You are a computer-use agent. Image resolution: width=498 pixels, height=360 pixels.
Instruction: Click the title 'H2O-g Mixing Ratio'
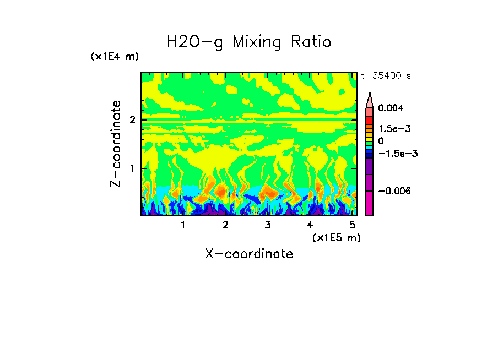[249, 42]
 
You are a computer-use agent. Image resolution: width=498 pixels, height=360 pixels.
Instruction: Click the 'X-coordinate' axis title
[249, 254]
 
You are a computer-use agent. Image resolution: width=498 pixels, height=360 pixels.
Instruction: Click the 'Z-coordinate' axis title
[116, 144]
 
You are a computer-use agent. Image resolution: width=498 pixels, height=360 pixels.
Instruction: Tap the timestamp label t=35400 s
[386, 75]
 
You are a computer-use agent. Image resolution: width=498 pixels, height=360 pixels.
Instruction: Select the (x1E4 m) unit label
[115, 57]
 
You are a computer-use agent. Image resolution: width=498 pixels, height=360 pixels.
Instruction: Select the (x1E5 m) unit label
[336, 237]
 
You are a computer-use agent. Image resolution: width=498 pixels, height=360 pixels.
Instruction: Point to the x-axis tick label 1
[183, 225]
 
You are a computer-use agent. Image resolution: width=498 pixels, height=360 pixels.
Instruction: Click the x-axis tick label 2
[225, 225]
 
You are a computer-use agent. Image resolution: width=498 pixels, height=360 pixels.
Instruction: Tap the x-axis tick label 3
[267, 225]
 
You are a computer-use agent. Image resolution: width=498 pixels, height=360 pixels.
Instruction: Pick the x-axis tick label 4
[310, 225]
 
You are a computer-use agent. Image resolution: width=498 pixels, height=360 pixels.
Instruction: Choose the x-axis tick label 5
[351, 225]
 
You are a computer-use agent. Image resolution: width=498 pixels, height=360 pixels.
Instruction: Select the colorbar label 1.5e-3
[391, 129]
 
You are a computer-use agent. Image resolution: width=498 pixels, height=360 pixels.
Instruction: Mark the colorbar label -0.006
[392, 191]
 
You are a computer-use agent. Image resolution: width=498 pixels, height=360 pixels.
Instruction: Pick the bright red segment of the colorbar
[370, 120]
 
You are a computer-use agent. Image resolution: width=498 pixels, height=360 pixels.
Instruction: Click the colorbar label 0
[381, 141]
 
